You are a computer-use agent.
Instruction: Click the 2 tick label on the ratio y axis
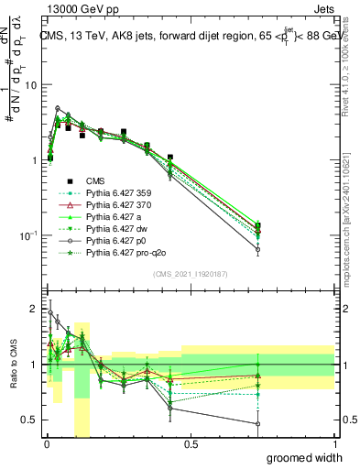click(31, 308)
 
